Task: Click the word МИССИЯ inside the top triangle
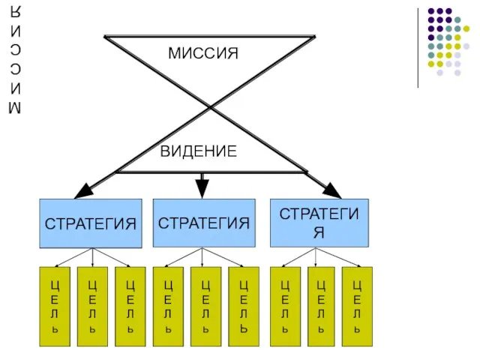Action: click(x=202, y=54)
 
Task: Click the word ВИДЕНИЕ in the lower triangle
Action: click(x=199, y=152)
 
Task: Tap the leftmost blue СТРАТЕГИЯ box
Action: click(x=91, y=223)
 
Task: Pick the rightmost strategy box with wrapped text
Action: click(x=319, y=223)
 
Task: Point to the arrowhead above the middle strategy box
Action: click(x=202, y=187)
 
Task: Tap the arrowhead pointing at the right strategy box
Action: click(x=331, y=190)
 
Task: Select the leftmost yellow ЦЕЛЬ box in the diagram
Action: click(x=55, y=306)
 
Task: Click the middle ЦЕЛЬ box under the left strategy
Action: click(x=92, y=306)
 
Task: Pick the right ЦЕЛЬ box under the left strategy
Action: click(x=130, y=306)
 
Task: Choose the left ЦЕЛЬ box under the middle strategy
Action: click(x=168, y=306)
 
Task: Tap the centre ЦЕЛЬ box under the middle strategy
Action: click(x=205, y=306)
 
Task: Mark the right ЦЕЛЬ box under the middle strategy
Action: click(x=243, y=306)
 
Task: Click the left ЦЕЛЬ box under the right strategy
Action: click(x=285, y=306)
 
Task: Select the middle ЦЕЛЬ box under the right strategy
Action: click(x=322, y=306)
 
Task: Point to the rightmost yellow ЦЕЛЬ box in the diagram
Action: click(x=357, y=306)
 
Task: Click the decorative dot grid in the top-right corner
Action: click(x=448, y=42)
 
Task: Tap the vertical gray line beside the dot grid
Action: click(x=418, y=46)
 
